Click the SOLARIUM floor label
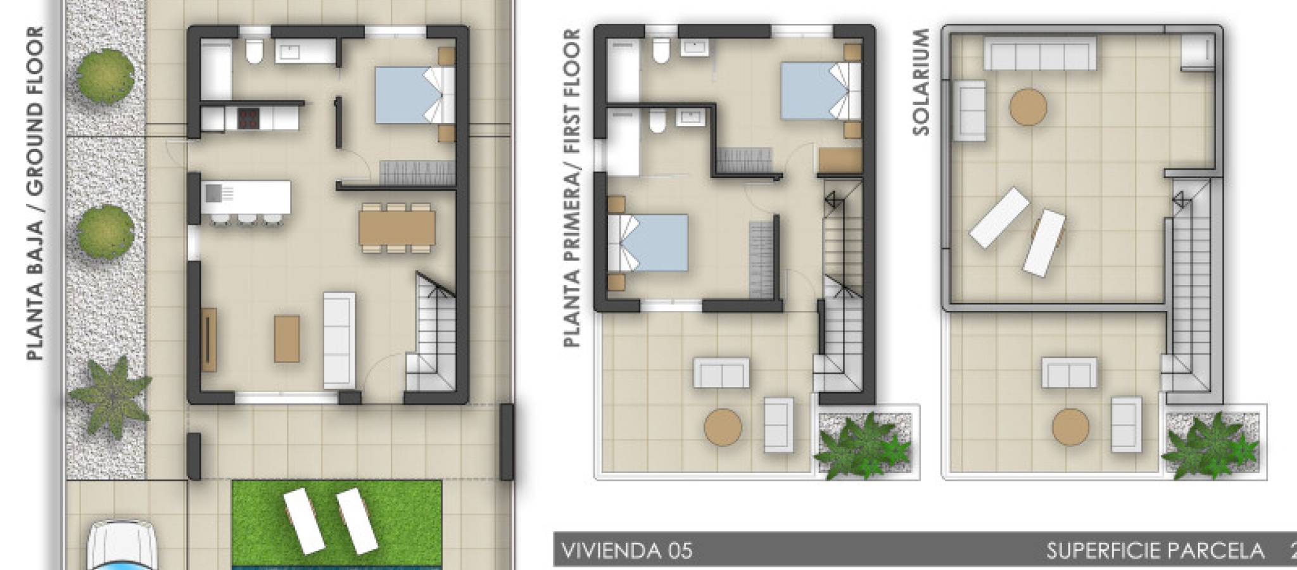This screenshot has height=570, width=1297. click(921, 82)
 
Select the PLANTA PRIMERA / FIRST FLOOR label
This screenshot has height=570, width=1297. click(572, 188)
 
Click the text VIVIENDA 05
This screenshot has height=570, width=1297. click(627, 550)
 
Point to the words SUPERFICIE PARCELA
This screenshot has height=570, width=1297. click(1155, 550)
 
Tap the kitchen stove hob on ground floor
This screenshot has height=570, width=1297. click(248, 118)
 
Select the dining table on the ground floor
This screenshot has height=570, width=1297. click(397, 227)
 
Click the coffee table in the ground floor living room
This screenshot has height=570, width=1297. click(287, 339)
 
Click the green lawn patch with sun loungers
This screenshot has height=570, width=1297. click(336, 523)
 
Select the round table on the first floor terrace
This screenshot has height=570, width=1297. click(723, 426)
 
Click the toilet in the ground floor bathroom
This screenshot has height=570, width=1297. click(255, 52)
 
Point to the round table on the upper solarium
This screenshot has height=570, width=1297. click(1028, 107)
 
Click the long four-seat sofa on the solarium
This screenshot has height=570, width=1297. click(1040, 53)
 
